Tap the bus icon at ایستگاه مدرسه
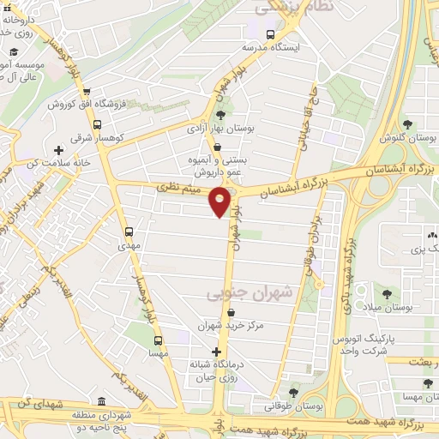tap(270, 35)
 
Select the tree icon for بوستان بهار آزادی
tap(221, 114)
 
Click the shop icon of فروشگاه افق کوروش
tap(86, 93)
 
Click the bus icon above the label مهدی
tap(129, 232)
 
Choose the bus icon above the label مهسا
tap(158, 340)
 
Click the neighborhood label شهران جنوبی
tap(250, 292)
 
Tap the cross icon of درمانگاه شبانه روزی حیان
tap(216, 352)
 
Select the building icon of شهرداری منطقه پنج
tap(101, 401)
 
